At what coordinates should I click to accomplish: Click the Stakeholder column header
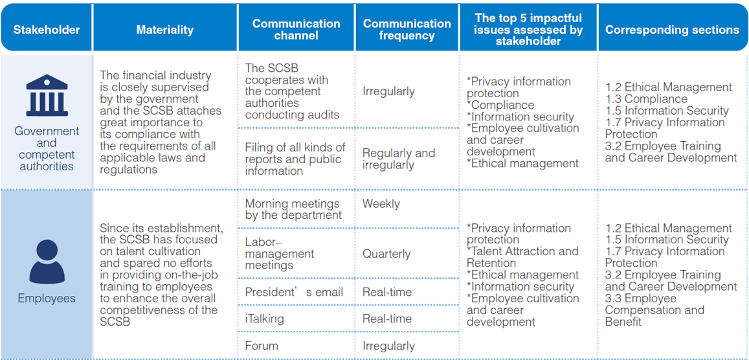47,30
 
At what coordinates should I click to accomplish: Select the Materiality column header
165,30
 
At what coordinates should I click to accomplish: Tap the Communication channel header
296,30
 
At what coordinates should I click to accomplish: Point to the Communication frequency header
407,30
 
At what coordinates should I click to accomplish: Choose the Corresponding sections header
672,30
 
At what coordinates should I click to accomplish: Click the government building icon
47,95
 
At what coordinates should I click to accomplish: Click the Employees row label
47,298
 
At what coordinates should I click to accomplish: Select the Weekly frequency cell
381,204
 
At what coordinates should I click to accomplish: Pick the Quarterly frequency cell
386,254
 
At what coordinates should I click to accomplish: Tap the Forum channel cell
262,346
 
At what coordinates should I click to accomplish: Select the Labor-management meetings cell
280,254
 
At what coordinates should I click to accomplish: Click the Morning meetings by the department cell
293,210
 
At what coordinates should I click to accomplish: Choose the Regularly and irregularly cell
399,159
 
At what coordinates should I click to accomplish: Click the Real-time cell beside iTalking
387,319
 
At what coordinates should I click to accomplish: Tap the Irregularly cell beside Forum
389,346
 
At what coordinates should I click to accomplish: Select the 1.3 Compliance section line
646,99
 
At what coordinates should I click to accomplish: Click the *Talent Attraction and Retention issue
522,257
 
